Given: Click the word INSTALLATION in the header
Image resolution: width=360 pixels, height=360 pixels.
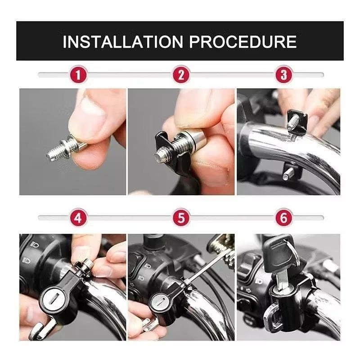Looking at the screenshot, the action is tap(123, 41).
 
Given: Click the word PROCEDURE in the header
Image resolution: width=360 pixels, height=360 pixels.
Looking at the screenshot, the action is tap(243, 41).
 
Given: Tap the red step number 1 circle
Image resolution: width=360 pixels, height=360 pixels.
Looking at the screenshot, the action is tap(78, 75).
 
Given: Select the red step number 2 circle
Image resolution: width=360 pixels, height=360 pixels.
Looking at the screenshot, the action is tap(181, 75).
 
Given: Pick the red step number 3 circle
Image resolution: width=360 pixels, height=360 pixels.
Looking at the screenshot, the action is tap(284, 75).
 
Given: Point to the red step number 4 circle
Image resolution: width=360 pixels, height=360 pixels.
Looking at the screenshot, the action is tap(78, 218).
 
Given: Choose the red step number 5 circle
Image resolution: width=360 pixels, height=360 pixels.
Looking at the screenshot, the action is tap(181, 218).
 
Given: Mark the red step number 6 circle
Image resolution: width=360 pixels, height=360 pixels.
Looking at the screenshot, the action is tap(284, 218).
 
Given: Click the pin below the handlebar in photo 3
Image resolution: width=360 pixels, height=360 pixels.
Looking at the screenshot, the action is tap(288, 173).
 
